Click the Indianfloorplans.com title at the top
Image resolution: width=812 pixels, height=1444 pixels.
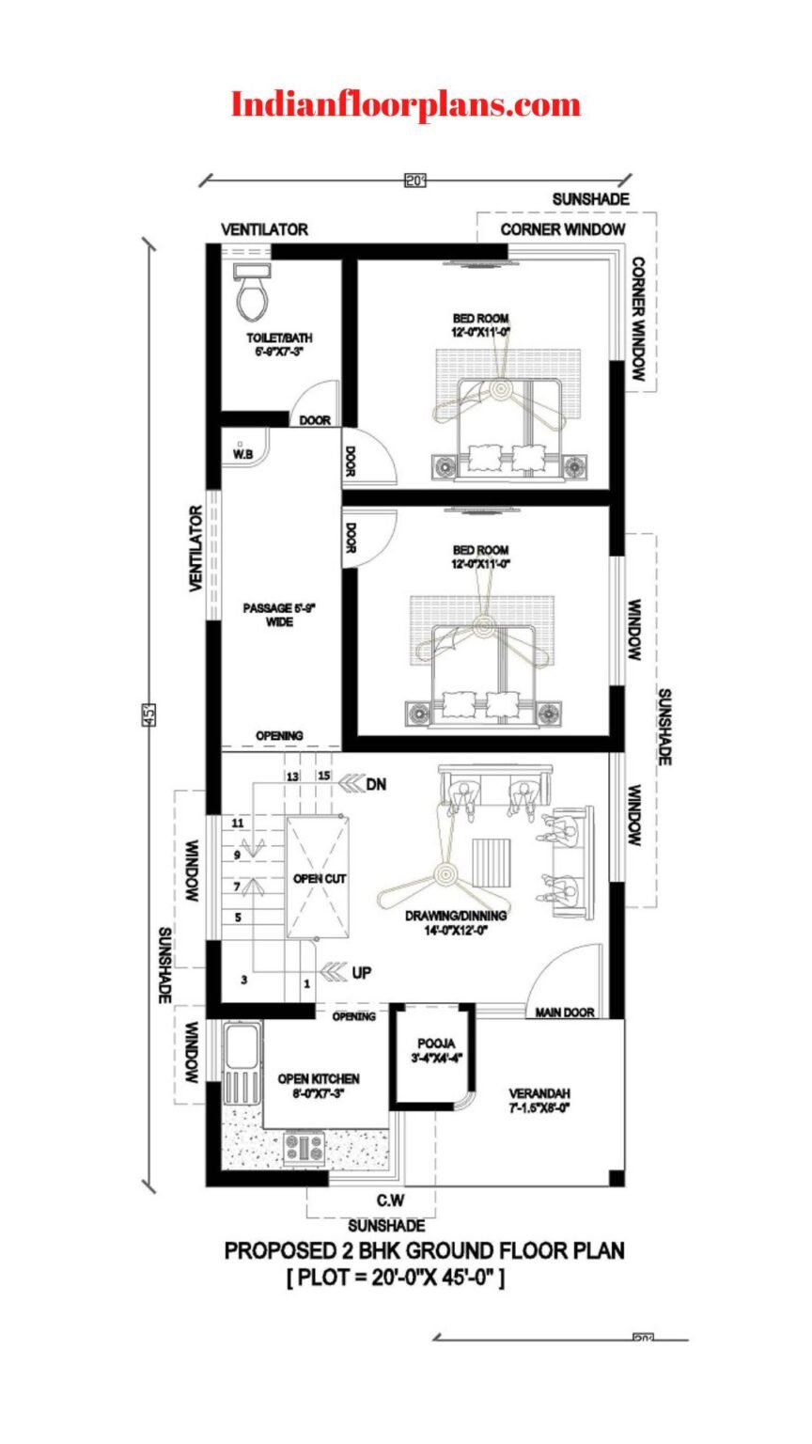pos(406,103)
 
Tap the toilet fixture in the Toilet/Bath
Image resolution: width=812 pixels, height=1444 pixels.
pos(252,292)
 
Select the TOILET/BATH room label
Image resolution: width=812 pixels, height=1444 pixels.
pos(280,344)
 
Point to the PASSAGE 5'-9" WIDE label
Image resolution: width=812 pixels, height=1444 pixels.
pos(279,615)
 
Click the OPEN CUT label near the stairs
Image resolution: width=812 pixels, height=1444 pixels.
pos(320,878)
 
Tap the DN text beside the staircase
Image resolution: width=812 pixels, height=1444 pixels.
pos(376,783)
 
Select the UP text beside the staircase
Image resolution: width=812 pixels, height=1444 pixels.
pos(362,973)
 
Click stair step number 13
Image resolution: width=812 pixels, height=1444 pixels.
pos(293,777)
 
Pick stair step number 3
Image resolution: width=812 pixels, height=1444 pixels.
pos(243,981)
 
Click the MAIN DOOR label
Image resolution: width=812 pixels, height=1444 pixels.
pos(565,1012)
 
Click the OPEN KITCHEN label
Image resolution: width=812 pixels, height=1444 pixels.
pos(319,1085)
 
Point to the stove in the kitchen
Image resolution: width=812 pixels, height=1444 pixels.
pos(305,1146)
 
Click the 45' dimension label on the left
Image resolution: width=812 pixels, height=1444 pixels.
pos(148,714)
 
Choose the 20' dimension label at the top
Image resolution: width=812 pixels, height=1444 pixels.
pos(415,180)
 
